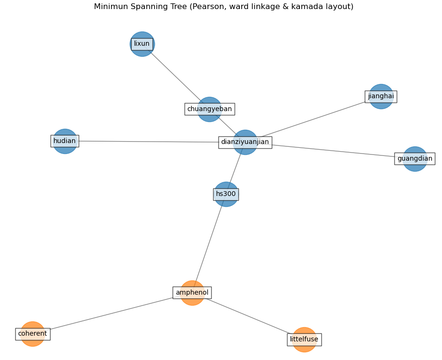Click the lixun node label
click(x=142, y=44)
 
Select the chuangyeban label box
click(x=209, y=109)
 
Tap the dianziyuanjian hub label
click(x=245, y=142)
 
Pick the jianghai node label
click(x=381, y=96)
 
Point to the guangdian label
click(x=415, y=159)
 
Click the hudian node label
click(x=65, y=141)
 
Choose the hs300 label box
click(x=226, y=194)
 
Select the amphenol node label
click(x=192, y=293)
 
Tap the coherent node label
click(x=32, y=334)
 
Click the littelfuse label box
click(x=304, y=339)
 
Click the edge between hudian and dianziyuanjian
click(x=148, y=142)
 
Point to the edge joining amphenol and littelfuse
click(x=248, y=316)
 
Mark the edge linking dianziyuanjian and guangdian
click(x=334, y=151)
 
